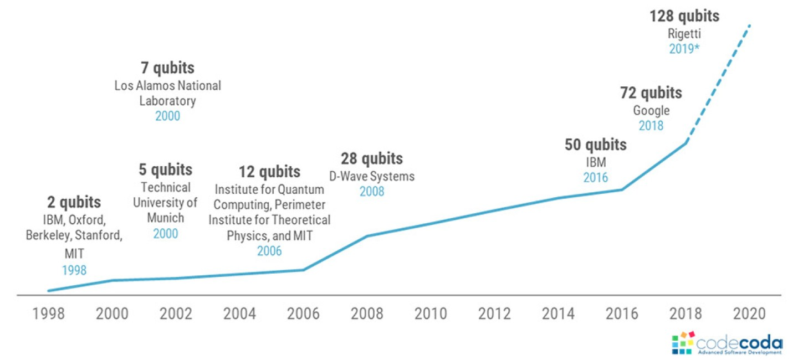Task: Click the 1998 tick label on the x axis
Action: point(48,313)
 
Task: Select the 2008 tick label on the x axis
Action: point(367,313)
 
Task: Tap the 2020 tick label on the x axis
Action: point(749,313)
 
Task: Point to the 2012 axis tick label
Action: point(494,313)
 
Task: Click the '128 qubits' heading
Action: point(684,16)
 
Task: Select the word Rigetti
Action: point(684,33)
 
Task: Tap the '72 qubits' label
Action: point(651,93)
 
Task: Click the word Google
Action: point(651,111)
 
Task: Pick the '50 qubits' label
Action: point(596,145)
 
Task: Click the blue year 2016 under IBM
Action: point(596,178)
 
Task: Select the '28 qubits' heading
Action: point(372,158)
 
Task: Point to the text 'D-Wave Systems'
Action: point(372,176)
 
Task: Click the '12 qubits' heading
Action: point(269,171)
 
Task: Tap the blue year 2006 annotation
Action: point(269,251)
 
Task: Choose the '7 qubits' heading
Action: point(167,68)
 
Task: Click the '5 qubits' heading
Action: point(165,169)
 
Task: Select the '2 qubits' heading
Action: point(74,202)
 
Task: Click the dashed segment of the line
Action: point(719,83)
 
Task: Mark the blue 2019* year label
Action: point(684,48)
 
